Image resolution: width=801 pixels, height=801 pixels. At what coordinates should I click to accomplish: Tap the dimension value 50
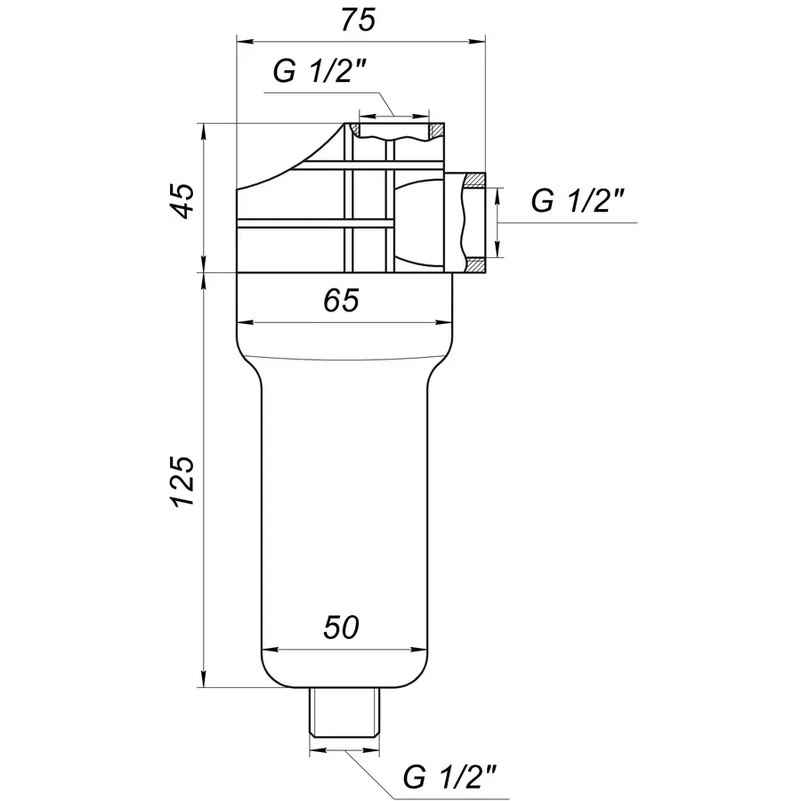(341, 627)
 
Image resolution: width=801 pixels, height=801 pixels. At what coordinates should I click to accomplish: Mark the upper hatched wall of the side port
(473, 181)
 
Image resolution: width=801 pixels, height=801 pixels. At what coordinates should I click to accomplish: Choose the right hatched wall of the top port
(435, 130)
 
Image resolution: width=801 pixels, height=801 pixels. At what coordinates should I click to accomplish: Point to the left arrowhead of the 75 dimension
(244, 40)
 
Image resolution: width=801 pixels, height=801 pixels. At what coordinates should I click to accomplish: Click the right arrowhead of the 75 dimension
(478, 40)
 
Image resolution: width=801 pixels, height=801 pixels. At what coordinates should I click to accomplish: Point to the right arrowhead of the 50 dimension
(421, 647)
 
